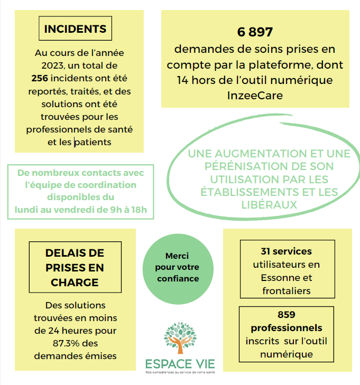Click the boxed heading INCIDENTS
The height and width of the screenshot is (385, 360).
pos(75,29)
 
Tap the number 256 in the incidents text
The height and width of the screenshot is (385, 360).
pos(40,78)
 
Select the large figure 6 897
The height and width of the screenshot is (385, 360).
pos(255,32)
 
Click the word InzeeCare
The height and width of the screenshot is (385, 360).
pos(255,95)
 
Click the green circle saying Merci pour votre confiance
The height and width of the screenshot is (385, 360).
pos(177,267)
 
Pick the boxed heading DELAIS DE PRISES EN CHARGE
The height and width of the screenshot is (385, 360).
pos(75,268)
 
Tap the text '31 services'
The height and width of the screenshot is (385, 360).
pos(286,251)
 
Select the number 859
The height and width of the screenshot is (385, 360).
pos(286,315)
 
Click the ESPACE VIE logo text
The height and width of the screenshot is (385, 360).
pos(180,364)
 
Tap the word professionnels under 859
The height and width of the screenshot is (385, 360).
pos(286,328)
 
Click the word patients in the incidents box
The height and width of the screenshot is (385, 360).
pos(94,142)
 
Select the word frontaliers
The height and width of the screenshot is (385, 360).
pos(286,290)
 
